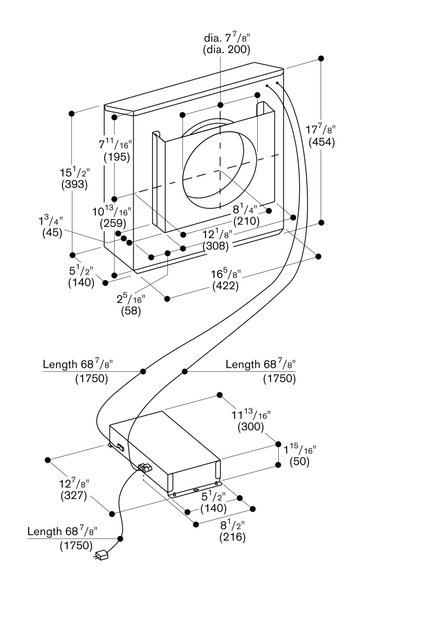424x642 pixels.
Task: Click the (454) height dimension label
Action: pyautogui.click(x=322, y=142)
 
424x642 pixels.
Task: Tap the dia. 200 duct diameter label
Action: pyautogui.click(x=226, y=49)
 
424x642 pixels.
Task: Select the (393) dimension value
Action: pyautogui.click(x=75, y=184)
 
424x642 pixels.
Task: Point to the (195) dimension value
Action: pyautogui.click(x=117, y=157)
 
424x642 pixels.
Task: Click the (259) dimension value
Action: pyautogui.click(x=113, y=223)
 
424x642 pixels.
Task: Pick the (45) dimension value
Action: pyautogui.click(x=52, y=233)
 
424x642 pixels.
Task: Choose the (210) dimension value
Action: pyautogui.click(x=246, y=221)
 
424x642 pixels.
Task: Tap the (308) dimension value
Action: pyautogui.click(x=216, y=246)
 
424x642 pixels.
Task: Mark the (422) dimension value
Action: pyautogui.click(x=225, y=286)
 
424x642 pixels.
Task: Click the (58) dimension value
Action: pyautogui.click(x=131, y=311)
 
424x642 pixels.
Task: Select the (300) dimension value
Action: pyautogui.click(x=251, y=427)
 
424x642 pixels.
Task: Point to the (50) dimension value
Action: pyautogui.click(x=299, y=462)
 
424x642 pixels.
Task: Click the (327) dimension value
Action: pyautogui.click(x=74, y=495)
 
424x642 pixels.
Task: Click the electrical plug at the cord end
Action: pyautogui.click(x=102, y=555)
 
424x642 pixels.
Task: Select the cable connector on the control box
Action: pyautogui.click(x=145, y=468)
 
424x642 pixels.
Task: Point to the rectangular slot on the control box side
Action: pyautogui.click(x=121, y=447)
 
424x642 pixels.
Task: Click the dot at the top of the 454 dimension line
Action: pyautogui.click(x=321, y=58)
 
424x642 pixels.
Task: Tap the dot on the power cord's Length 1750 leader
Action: pyautogui.click(x=120, y=539)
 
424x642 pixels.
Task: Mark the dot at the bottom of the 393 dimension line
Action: pyautogui.click(x=73, y=255)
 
